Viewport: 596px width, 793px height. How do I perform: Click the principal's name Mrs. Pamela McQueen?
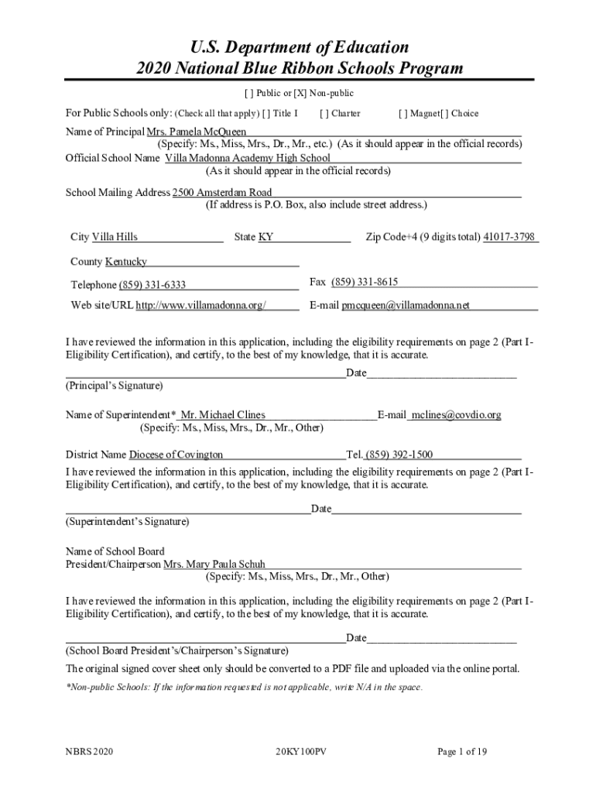197,132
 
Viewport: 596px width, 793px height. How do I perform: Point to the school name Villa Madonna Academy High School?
248,158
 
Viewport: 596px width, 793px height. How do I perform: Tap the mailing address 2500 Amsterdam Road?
222,192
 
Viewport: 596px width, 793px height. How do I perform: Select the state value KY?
265,237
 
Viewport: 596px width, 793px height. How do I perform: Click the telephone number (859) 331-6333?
152,285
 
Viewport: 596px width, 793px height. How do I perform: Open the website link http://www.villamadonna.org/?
201,305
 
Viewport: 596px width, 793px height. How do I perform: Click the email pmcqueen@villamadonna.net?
406,305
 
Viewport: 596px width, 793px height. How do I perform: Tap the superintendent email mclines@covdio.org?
456,415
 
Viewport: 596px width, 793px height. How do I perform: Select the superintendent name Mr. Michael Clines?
223,415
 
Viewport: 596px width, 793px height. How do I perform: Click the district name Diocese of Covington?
176,455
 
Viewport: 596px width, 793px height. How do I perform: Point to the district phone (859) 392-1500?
399,455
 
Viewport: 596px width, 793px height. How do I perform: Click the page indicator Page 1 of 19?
462,752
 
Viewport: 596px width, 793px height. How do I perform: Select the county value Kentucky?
125,262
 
